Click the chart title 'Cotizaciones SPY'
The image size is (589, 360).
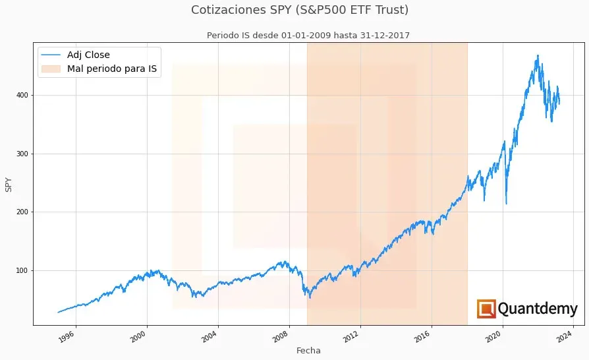tap(300, 10)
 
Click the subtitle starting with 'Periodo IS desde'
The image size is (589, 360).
tap(308, 36)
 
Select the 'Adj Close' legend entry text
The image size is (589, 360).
tap(88, 55)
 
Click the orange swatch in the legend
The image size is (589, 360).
tap(51, 68)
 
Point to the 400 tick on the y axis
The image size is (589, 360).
tap(26, 96)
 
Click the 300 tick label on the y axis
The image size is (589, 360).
tap(26, 154)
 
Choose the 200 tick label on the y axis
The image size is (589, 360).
tap(26, 212)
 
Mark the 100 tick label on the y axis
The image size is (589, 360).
tap(26, 270)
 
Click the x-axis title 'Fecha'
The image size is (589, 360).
tap(308, 351)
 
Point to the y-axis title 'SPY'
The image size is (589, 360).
tap(9, 184)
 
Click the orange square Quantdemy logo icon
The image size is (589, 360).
tap(486, 309)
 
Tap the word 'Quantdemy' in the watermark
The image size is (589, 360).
tap(538, 309)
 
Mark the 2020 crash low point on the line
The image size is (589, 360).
tap(506, 204)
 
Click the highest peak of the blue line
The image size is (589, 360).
tap(538, 55)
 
